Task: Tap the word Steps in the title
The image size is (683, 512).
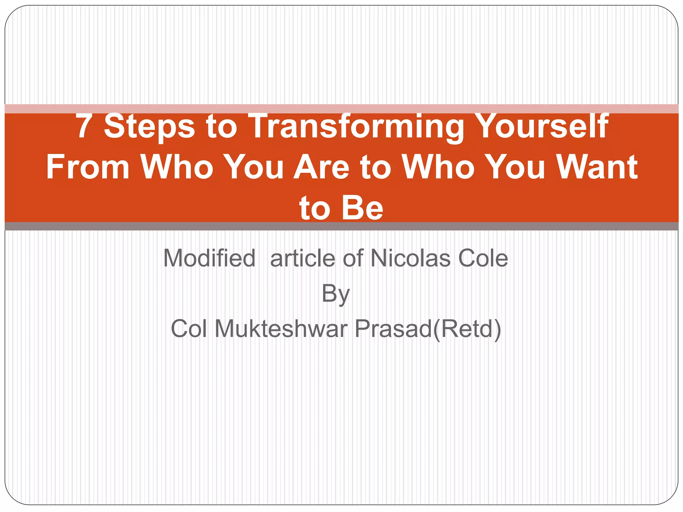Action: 149,127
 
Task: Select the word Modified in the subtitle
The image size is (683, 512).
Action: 209,258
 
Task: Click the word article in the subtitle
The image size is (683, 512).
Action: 303,258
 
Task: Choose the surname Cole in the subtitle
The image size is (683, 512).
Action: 483,258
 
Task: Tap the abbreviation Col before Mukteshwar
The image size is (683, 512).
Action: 189,329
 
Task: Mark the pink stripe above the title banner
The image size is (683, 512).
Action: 341,109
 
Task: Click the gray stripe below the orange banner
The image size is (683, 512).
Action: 341,226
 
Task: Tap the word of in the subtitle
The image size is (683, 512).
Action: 353,258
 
